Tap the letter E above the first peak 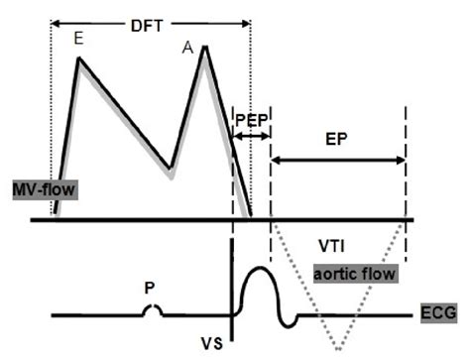coord(78,40)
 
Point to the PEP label coord(250,119)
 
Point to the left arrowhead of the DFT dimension coord(55,20)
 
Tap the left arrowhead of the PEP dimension coord(235,135)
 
